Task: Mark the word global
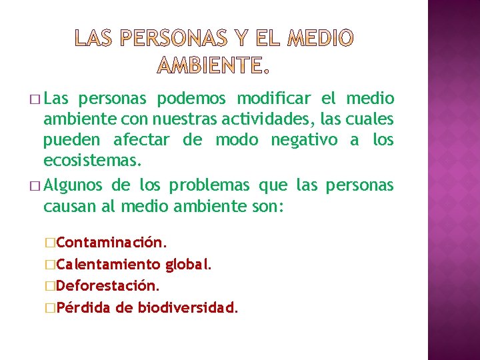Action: [x=189, y=264]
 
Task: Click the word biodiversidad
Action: [x=187, y=307]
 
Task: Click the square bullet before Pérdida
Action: [x=51, y=308]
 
